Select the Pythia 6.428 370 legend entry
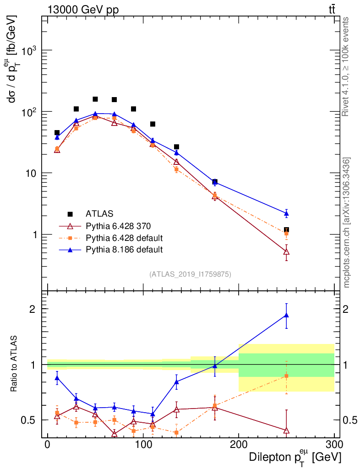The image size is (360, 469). point(117,226)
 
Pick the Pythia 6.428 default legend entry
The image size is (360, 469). point(124,238)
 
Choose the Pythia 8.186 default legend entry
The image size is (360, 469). point(124,250)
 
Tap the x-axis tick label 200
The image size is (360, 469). point(239,445)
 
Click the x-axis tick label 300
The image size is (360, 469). point(334,445)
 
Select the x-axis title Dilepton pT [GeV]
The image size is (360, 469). point(295,458)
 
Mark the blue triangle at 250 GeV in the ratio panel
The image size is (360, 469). point(286,315)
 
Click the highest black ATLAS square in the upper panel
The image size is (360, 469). point(95,99)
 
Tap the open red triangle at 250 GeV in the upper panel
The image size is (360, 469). point(286,252)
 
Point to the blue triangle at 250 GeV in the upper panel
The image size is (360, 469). point(286,214)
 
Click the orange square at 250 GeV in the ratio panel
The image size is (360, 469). point(286,376)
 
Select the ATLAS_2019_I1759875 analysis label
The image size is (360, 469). point(190,274)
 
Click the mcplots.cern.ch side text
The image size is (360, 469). point(347,223)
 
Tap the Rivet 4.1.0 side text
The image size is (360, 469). point(347,66)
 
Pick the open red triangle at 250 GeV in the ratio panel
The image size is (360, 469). point(286,431)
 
